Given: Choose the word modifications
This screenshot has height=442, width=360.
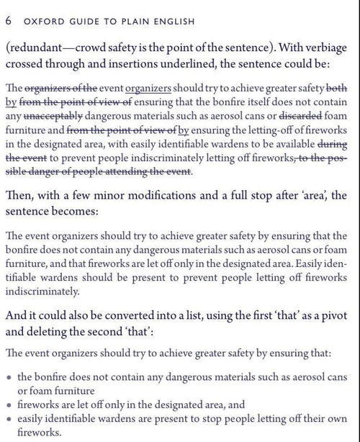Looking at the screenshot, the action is pos(142,196).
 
